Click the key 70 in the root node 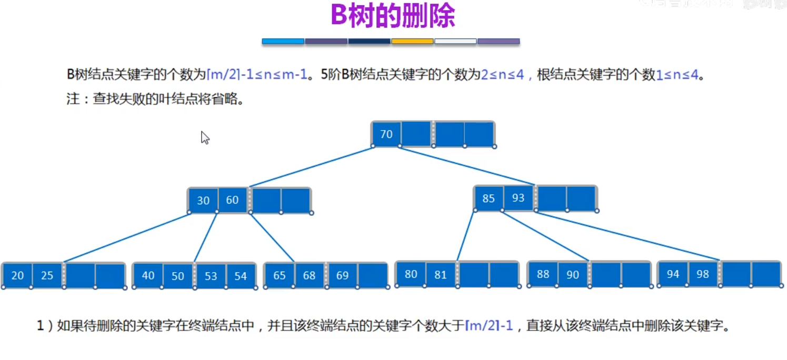pyautogui.click(x=386, y=134)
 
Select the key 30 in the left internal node pyautogui.click(x=203, y=201)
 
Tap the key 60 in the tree pyautogui.click(x=232, y=200)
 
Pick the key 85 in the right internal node pyautogui.click(x=489, y=198)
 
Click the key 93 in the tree pyautogui.click(x=519, y=198)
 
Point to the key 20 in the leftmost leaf pyautogui.click(x=17, y=275)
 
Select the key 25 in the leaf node pyautogui.click(x=47, y=275)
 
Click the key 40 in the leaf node pyautogui.click(x=148, y=275)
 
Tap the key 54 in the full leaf pyautogui.click(x=241, y=276)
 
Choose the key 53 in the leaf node pyautogui.click(x=211, y=276)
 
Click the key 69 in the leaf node pyautogui.click(x=342, y=275)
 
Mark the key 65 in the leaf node pyautogui.click(x=280, y=275)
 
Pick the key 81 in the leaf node pyautogui.click(x=441, y=274)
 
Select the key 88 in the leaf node pyautogui.click(x=543, y=274)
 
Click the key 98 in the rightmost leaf pyautogui.click(x=703, y=274)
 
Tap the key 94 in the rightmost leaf pyautogui.click(x=673, y=274)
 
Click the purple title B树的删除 pyautogui.click(x=393, y=16)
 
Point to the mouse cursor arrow pyautogui.click(x=204, y=137)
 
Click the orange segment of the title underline pyautogui.click(x=412, y=41)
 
